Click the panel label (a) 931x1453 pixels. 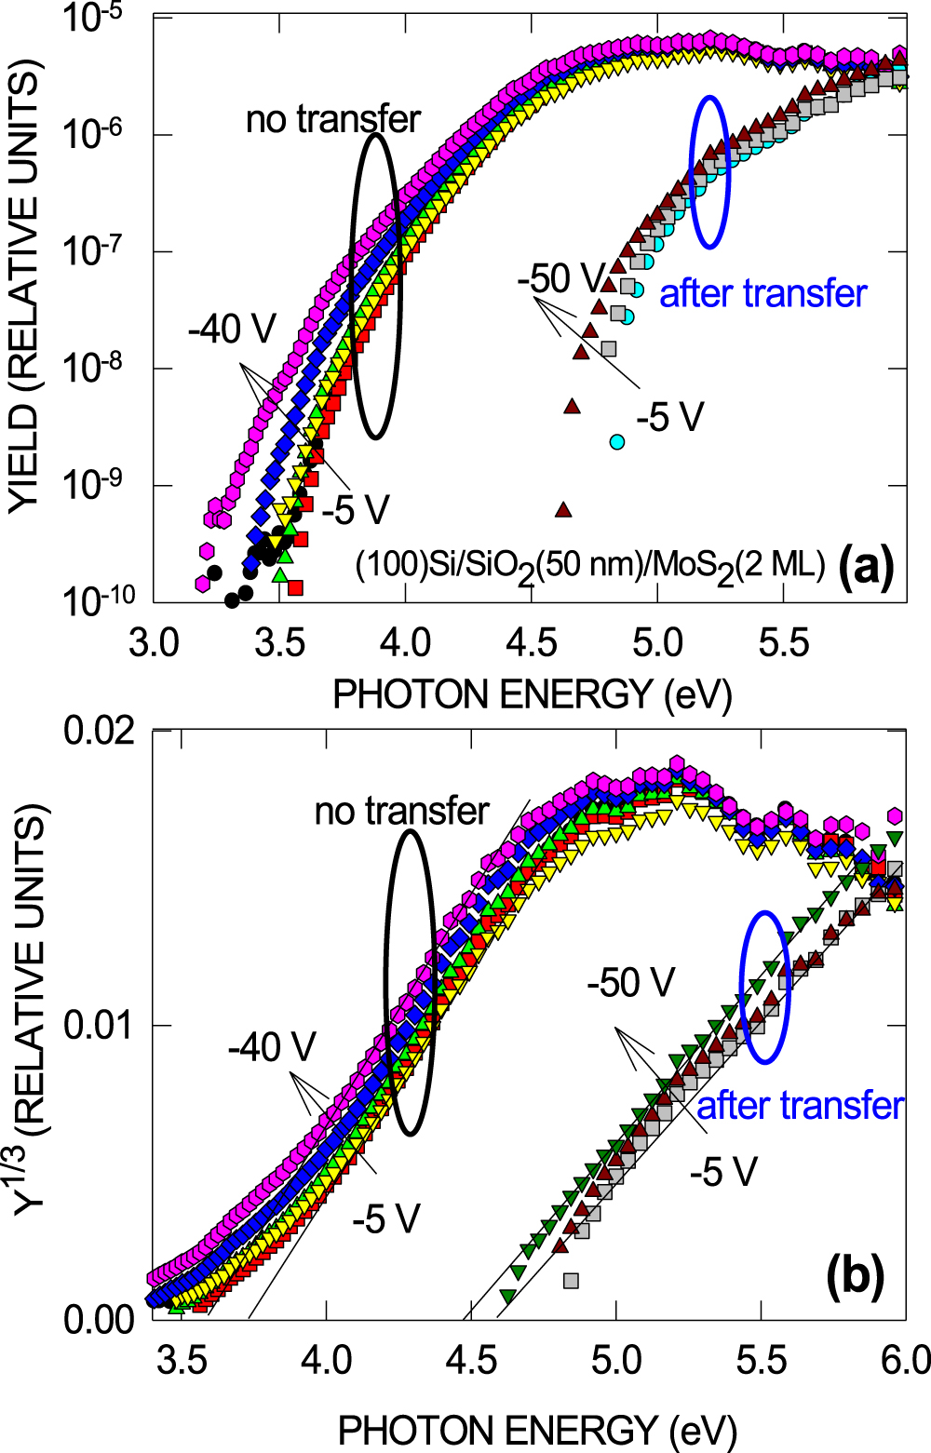pos(865,566)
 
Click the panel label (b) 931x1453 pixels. pos(855,1277)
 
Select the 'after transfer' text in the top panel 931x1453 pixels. pos(762,293)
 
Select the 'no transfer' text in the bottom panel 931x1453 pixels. pos(401,812)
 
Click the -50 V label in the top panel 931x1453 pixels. pos(560,278)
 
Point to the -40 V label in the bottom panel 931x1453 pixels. pos(272,1047)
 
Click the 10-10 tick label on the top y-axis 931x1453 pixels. pos(98,600)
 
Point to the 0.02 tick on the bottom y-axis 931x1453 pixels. pos(99,731)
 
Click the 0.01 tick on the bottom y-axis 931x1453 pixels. pos(99,1025)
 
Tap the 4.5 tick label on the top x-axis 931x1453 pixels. pos(532,642)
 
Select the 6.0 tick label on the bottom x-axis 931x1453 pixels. pos(904,1360)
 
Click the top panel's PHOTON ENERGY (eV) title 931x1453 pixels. pos(532,694)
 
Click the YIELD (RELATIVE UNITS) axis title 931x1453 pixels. pos(25,286)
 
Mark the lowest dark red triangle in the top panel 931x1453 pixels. pos(562,509)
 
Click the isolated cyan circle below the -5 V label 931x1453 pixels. pos(617,441)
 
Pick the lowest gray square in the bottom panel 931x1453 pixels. pos(571,1281)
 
